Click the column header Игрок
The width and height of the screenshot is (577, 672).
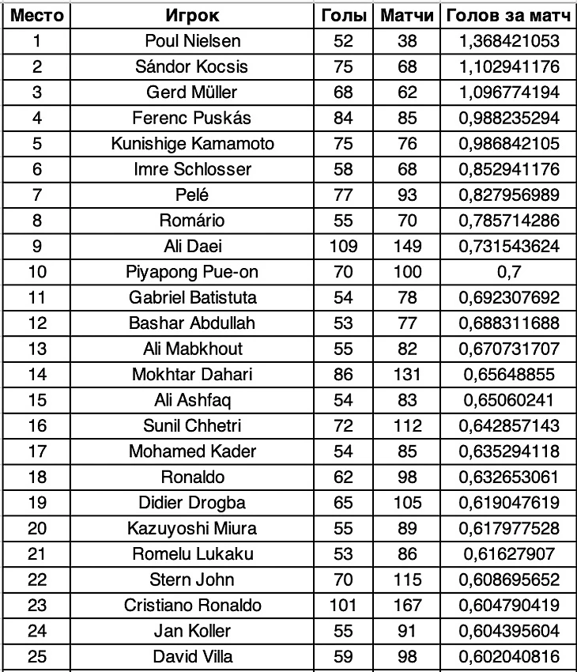click(192, 15)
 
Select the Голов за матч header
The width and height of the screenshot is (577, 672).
click(509, 15)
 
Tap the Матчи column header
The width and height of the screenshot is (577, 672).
click(407, 15)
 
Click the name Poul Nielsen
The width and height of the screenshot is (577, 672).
click(192, 41)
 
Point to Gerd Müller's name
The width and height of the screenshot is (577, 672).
click(192, 92)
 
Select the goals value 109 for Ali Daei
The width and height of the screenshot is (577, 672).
click(343, 246)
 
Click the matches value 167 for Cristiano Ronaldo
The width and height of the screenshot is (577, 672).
click(407, 606)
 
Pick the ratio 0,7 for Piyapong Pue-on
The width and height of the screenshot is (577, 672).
click(509, 272)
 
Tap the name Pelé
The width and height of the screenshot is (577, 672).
click(192, 194)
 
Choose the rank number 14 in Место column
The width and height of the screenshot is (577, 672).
click(37, 375)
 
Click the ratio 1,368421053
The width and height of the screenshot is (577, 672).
click(509, 41)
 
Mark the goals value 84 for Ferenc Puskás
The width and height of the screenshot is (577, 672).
click(343, 118)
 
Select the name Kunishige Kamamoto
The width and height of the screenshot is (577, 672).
click(192, 143)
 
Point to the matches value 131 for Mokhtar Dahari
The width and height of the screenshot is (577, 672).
click(407, 375)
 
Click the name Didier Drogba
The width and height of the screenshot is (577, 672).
click(192, 503)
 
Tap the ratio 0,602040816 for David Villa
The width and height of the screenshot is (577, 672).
click(509, 657)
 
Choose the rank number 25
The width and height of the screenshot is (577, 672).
click(37, 657)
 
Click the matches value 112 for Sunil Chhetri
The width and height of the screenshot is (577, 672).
click(407, 426)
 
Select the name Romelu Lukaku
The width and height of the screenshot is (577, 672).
click(192, 554)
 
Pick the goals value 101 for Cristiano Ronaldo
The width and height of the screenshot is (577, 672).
click(343, 606)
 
